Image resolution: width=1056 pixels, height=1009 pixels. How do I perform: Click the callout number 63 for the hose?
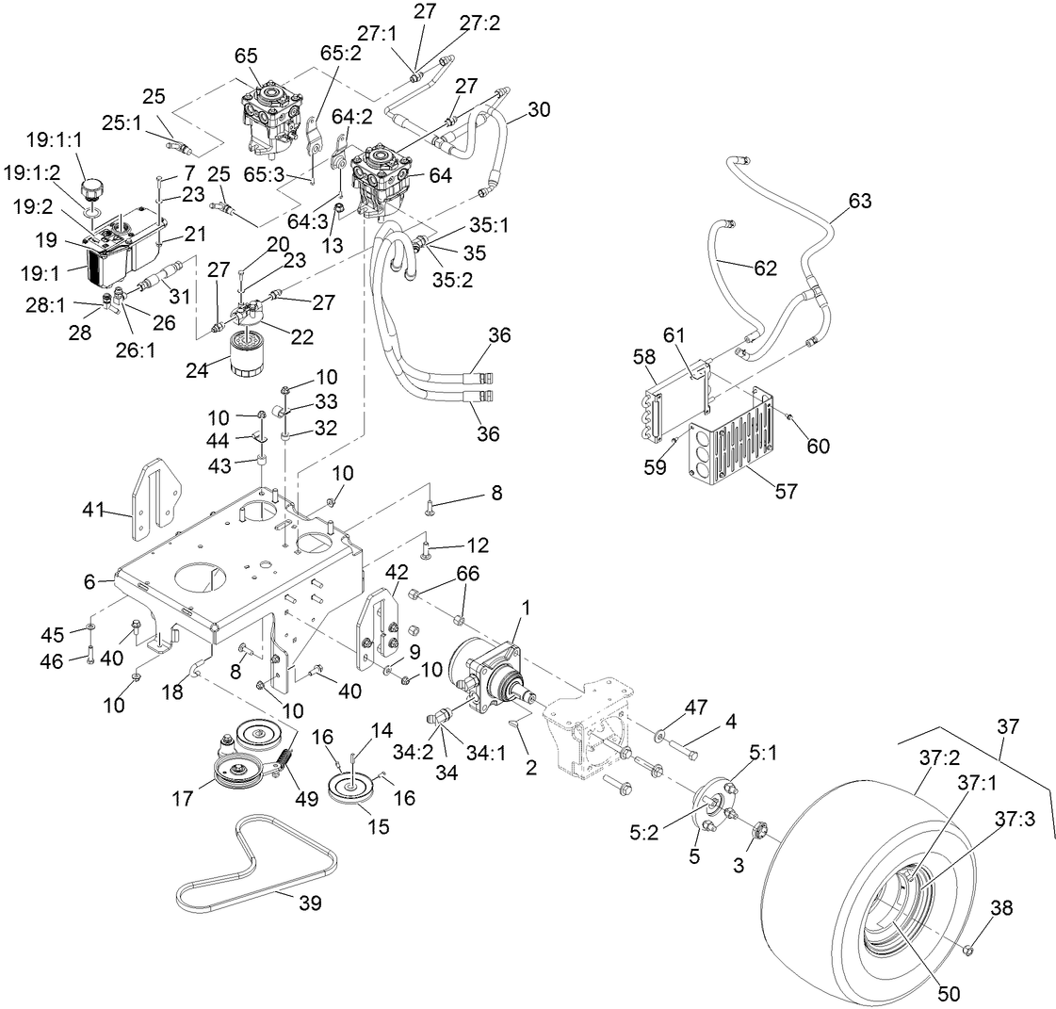[859, 201]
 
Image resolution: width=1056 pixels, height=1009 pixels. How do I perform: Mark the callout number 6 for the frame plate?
[89, 582]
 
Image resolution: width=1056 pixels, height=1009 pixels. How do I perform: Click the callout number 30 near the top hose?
[538, 108]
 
